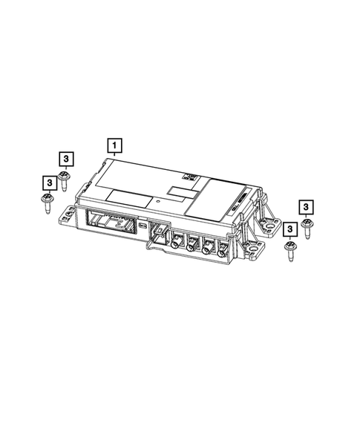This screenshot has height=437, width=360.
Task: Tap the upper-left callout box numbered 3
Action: tap(66, 158)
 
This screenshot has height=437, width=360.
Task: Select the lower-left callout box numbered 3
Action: tap(48, 182)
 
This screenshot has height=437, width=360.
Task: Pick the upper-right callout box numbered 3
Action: tap(307, 206)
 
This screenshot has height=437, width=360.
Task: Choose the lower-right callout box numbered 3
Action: tap(289, 229)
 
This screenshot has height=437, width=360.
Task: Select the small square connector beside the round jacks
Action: tap(158, 234)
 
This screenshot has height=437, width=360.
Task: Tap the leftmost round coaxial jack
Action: tap(178, 243)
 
